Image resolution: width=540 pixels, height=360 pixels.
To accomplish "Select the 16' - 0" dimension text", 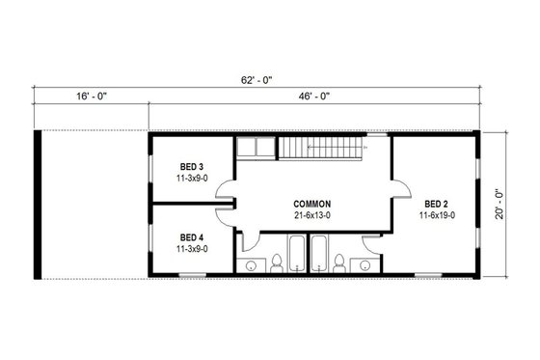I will (x=89, y=97).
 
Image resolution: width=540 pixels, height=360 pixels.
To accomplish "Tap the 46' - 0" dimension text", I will (x=313, y=97).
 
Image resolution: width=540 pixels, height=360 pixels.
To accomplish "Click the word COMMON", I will (x=313, y=204).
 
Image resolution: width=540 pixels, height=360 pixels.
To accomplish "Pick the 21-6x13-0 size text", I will (x=313, y=215).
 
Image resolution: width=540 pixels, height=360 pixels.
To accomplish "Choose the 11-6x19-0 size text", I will (x=437, y=215).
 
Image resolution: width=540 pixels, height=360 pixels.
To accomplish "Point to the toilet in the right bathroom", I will (x=339, y=261).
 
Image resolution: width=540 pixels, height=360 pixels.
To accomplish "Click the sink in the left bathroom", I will (x=251, y=263).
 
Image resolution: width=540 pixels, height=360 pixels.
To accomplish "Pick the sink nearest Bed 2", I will (x=364, y=263).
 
